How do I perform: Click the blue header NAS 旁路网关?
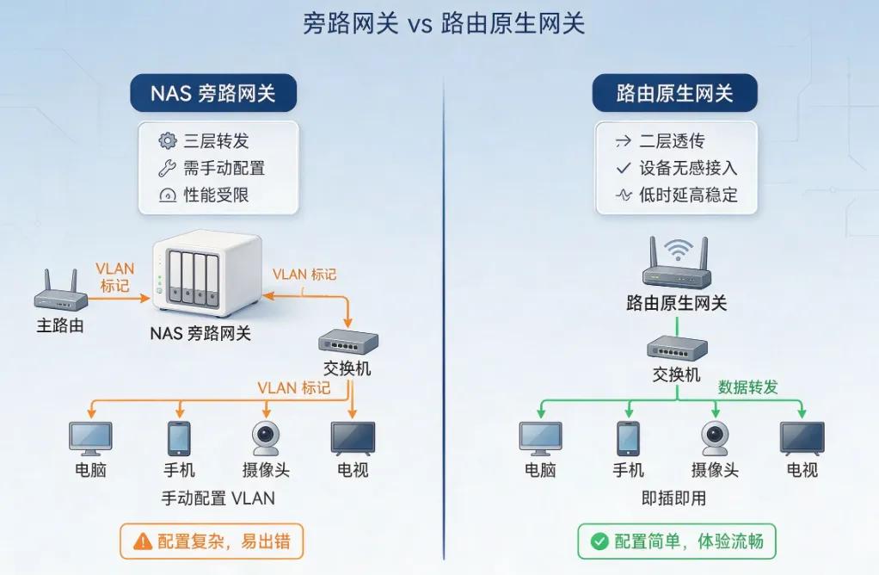tap(213, 93)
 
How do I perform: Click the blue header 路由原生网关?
tap(675, 93)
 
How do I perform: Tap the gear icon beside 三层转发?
tap(167, 141)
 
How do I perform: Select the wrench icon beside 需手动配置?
tap(167, 168)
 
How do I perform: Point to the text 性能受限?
tap(217, 195)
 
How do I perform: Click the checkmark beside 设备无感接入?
tap(624, 168)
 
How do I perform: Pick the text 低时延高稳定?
tap(688, 195)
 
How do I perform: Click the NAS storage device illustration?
tap(208, 274)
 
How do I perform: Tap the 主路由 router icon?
tap(61, 291)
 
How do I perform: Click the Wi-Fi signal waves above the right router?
tap(678, 250)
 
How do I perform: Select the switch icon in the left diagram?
tap(348, 342)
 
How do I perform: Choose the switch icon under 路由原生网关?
tap(677, 349)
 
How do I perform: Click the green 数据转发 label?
tap(747, 387)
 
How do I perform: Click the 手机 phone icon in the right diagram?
tap(629, 439)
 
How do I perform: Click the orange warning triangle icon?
tap(143, 541)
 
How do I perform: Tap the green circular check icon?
tap(599, 541)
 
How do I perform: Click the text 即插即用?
tap(673, 498)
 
